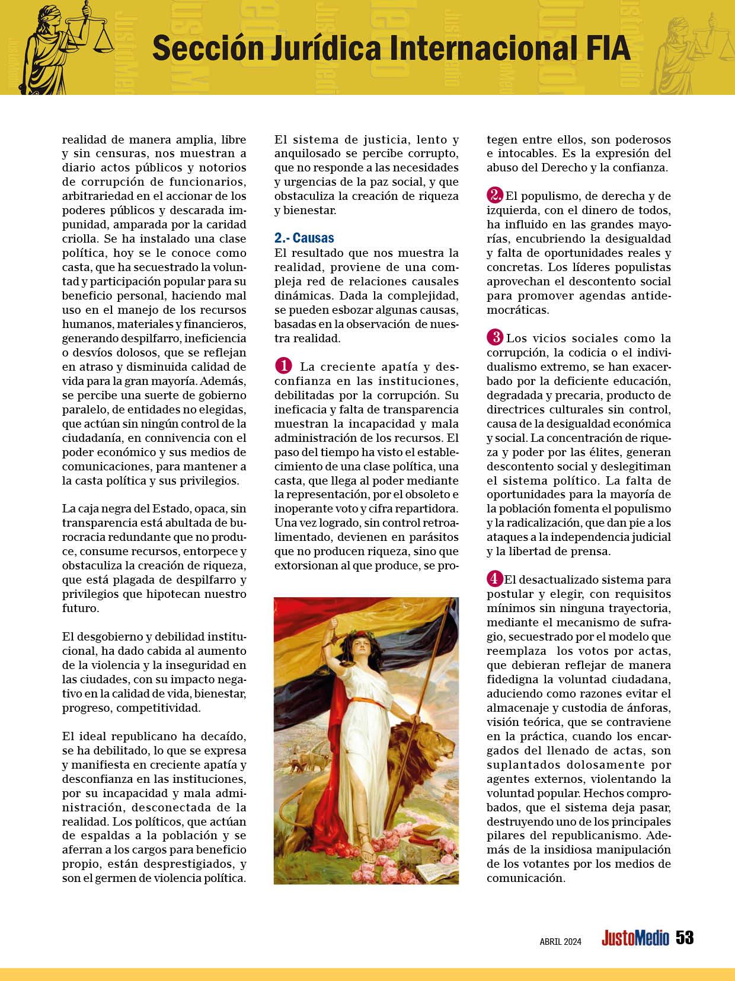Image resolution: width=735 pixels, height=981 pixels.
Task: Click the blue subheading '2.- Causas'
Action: point(304,238)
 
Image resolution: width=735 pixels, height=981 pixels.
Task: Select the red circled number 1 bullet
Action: point(283,366)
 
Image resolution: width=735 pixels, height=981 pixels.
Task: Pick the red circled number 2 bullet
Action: point(495,195)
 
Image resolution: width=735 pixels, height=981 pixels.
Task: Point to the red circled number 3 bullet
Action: point(495,338)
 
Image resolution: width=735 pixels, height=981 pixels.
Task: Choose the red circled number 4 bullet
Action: point(494,579)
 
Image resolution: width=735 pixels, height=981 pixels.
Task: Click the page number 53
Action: point(685,938)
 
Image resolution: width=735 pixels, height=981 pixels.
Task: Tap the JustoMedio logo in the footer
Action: point(635,938)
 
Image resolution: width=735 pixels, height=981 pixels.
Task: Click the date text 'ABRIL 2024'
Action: point(560,941)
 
